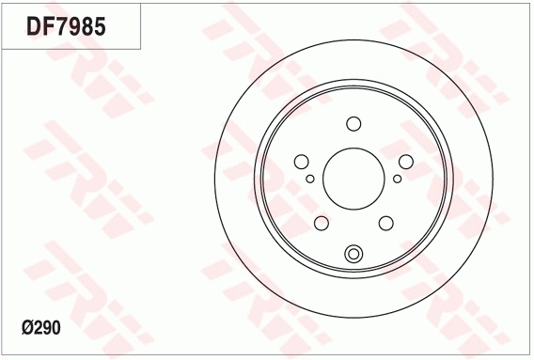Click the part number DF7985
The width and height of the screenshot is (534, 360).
tap(66, 26)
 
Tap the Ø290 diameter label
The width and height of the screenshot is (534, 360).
tap(41, 328)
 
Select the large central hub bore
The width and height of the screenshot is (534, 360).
tap(353, 179)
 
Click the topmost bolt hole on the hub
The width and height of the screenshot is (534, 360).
tap(353, 124)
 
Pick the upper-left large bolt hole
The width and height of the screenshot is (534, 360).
tap(302, 162)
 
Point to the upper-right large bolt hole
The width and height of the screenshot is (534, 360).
tap(406, 162)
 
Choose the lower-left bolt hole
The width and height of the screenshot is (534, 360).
tap(322, 223)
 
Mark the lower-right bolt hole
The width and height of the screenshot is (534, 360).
tap(385, 223)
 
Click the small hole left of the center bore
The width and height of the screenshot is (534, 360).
tap(310, 179)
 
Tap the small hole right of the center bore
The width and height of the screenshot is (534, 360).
tap(397, 179)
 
